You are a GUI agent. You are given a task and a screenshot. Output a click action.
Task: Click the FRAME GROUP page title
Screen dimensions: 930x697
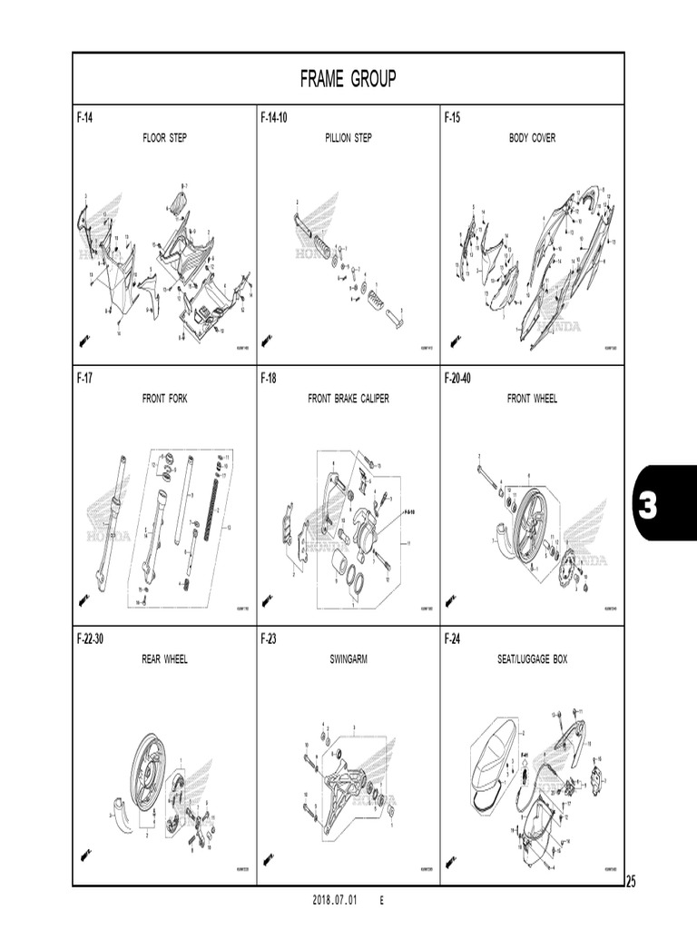[x=348, y=80]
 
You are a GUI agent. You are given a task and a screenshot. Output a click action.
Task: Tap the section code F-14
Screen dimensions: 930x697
[x=84, y=118]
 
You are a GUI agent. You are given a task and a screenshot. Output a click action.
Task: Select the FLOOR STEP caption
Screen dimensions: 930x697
[x=164, y=138]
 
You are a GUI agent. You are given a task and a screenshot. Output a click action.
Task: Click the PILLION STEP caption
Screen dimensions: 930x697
[x=348, y=138]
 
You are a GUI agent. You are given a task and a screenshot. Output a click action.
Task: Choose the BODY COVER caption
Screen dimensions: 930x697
[x=532, y=138]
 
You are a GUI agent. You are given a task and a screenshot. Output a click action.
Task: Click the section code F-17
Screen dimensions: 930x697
[x=84, y=378]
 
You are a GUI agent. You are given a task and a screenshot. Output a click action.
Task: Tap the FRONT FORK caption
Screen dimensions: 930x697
[x=164, y=399]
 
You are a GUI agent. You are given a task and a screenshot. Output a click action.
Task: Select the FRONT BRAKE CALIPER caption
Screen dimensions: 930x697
[x=348, y=399]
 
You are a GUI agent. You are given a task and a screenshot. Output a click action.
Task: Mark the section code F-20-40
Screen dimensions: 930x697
[x=458, y=378]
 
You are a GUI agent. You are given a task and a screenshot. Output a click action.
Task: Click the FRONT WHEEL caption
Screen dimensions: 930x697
[x=532, y=399]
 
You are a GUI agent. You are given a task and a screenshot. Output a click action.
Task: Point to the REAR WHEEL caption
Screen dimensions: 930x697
[x=164, y=659]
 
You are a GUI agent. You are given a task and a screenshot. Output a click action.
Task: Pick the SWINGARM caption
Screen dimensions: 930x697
[x=348, y=659]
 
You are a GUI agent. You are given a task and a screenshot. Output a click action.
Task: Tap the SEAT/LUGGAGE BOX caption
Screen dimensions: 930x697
[x=532, y=659]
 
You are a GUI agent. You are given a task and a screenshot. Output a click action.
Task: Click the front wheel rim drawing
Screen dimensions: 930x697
[x=529, y=523]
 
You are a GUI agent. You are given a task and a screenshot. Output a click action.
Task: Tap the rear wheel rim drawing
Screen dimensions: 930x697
[x=149, y=772]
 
